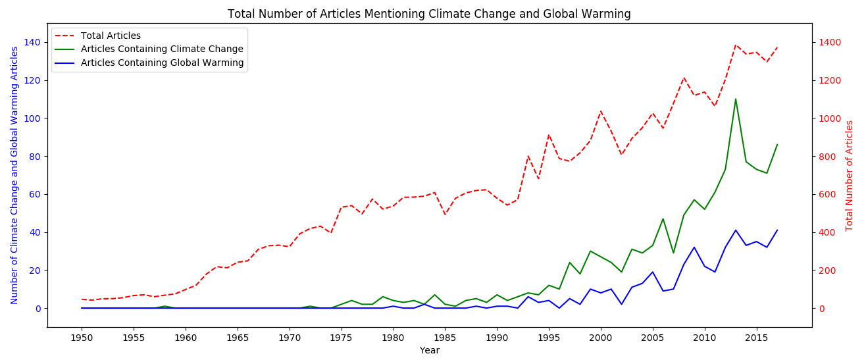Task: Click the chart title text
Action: click(429, 14)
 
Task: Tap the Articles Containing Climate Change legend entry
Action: click(162, 49)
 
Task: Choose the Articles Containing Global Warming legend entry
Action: click(162, 63)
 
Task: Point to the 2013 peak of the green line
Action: click(736, 99)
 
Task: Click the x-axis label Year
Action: click(429, 351)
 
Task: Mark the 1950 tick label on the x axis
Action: click(82, 337)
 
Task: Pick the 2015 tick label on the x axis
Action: click(756, 337)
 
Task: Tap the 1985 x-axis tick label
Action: click(445, 337)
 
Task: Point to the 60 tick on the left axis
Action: click(37, 194)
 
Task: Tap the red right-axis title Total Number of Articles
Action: click(850, 175)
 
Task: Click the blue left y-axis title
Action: click(14, 175)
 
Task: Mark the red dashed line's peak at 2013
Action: click(736, 45)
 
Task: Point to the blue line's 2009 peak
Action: click(694, 247)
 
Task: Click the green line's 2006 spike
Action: click(663, 219)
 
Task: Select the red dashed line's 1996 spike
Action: click(549, 135)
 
